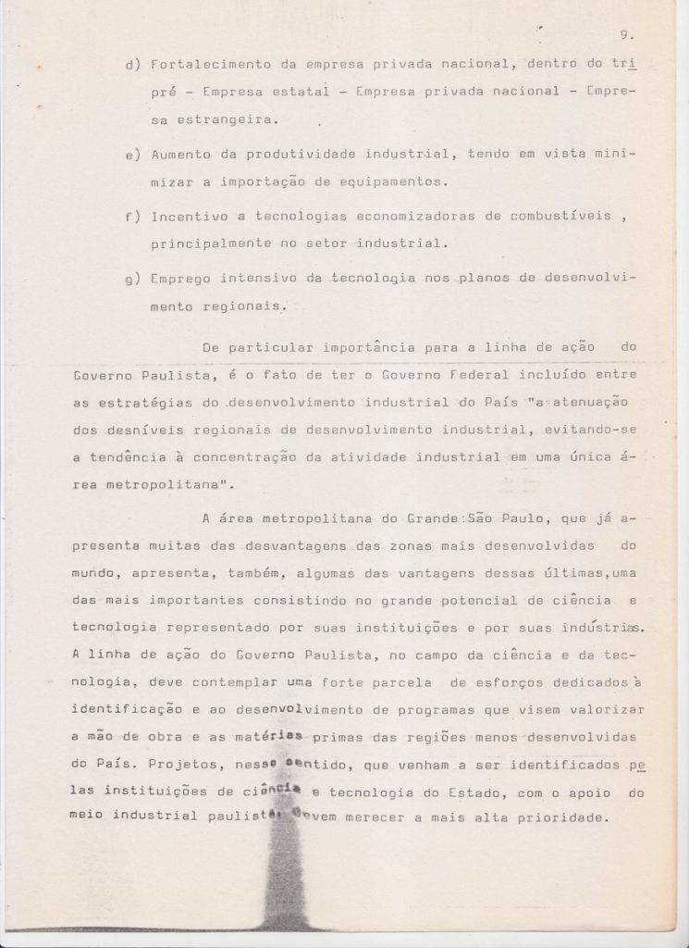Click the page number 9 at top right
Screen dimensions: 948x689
pos(625,36)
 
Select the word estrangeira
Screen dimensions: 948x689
pos(231,120)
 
